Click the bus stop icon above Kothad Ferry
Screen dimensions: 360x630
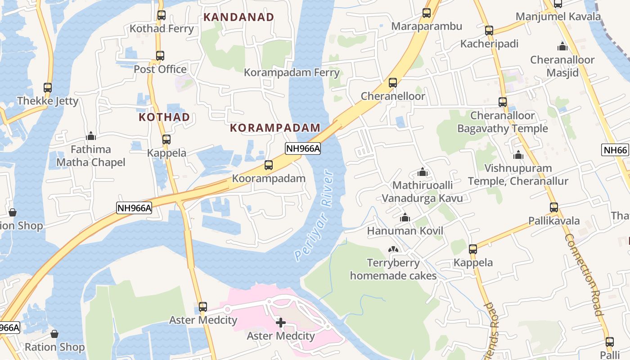(x=161, y=15)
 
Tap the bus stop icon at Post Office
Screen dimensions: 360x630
(x=160, y=56)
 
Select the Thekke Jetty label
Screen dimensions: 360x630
(x=48, y=101)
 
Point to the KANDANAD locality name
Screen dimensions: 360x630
(x=238, y=17)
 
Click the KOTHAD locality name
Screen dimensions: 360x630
(x=164, y=117)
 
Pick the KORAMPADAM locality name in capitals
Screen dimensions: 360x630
(x=275, y=127)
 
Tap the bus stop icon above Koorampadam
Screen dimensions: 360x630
(x=269, y=165)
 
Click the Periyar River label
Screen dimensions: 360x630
(x=314, y=215)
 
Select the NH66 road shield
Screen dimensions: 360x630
(x=615, y=150)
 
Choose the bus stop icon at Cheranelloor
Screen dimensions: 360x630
(x=393, y=83)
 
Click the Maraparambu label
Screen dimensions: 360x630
(x=426, y=26)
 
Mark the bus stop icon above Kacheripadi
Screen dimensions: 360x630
(x=489, y=31)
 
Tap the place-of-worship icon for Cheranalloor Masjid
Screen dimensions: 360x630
(x=562, y=46)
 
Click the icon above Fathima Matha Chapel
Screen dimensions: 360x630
(x=91, y=136)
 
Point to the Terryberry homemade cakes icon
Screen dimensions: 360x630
(x=393, y=249)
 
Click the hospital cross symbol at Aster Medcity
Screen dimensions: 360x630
(x=281, y=323)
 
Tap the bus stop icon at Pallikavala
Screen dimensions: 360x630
(x=554, y=207)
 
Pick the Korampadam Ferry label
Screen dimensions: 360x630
(x=292, y=72)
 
